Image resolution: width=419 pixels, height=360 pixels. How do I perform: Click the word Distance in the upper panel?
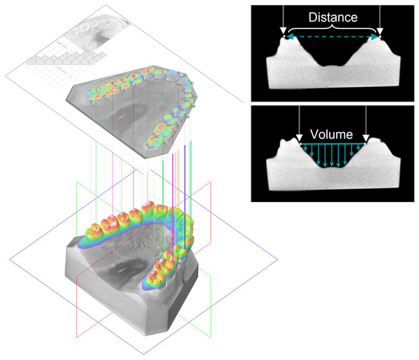point(333,18)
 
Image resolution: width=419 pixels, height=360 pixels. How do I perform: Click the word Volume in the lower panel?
point(331,134)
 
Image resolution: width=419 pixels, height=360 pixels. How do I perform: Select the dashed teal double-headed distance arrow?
point(332,37)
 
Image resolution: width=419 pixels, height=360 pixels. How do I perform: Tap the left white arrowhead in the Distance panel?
point(283,31)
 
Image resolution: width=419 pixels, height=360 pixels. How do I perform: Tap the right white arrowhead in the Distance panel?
point(379,31)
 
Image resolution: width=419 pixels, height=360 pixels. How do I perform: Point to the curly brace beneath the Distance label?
point(332,28)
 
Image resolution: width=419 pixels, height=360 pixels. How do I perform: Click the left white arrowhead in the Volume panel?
point(299,138)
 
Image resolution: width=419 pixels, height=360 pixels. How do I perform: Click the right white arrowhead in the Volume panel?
point(366,138)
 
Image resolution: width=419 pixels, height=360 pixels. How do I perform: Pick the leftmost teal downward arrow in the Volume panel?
point(305,147)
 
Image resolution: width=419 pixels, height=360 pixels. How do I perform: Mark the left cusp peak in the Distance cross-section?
point(283,37)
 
